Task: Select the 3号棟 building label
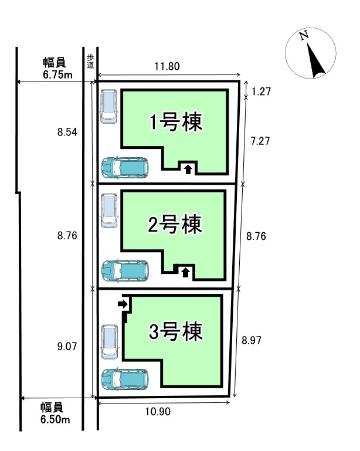pos(175,332)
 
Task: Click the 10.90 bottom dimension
pos(157,412)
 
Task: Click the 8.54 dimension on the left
pos(67,133)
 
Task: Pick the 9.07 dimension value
pos(67,346)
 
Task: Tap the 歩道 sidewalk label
pos(90,60)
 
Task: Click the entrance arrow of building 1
pos(188,169)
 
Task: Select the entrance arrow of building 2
pos(186,271)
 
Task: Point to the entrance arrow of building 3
pos(122,303)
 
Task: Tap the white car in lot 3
pos(109,341)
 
